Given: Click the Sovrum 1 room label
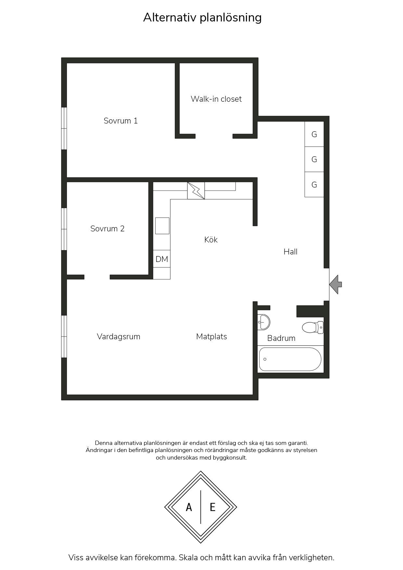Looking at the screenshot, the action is (x=121, y=121).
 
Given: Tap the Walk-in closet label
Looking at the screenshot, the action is (x=216, y=99).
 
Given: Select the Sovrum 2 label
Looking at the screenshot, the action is (x=107, y=229).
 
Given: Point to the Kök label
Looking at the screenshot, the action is (x=211, y=240).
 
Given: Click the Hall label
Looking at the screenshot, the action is (x=291, y=252).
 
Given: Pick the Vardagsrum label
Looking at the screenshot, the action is (x=119, y=337).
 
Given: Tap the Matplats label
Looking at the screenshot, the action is (x=212, y=337).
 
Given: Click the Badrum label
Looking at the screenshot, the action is (x=281, y=338).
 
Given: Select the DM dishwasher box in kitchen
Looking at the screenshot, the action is (x=162, y=259).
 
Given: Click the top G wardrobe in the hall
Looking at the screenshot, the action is (x=314, y=134).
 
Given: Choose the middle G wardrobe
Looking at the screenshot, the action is (x=314, y=159).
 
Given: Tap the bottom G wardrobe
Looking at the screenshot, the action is (x=314, y=185).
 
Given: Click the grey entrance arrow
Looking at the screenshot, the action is (x=336, y=284).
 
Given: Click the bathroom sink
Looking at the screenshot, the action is (x=264, y=322).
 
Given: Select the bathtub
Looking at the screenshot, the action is (x=290, y=359).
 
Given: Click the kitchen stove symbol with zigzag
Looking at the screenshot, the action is (x=196, y=191).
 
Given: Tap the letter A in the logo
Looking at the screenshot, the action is (x=189, y=507).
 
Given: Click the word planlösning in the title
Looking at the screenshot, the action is (x=230, y=18).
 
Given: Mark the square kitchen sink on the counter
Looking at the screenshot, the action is (x=162, y=226).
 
